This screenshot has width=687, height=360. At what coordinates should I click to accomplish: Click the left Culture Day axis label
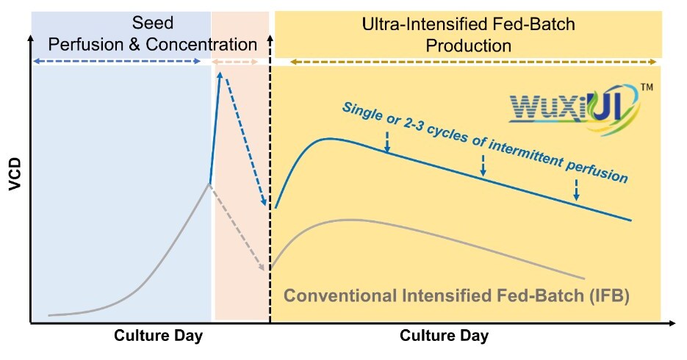pos(158,336)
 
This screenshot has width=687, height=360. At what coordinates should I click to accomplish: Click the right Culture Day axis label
pos(444,336)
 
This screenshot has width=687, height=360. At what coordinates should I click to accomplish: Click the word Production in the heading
pos(469,46)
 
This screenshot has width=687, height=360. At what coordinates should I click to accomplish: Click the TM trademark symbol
pos(647,87)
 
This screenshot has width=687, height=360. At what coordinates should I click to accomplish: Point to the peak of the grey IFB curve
pos(351,220)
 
